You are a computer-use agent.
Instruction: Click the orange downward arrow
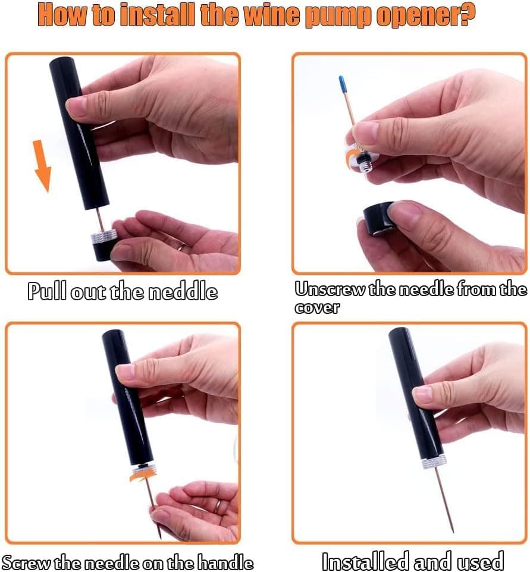(43, 166)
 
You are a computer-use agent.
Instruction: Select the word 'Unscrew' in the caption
(330, 290)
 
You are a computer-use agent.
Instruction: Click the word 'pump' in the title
(338, 15)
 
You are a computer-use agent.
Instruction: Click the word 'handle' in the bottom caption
(225, 562)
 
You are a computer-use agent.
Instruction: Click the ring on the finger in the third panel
(218, 507)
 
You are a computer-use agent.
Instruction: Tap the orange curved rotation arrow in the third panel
(143, 476)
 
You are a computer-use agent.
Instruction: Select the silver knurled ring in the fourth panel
(434, 462)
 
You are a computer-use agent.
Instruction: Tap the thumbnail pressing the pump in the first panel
(74, 105)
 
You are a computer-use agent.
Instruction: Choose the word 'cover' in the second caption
(317, 307)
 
